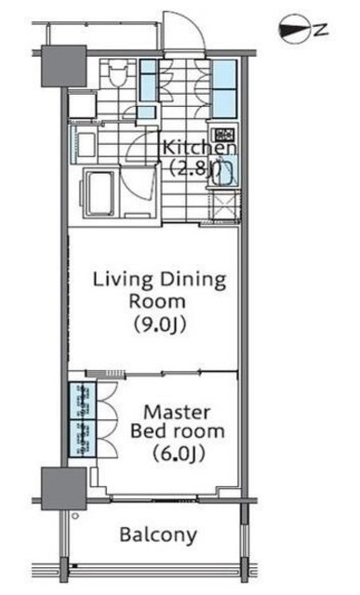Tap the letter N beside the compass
(x=321, y=30)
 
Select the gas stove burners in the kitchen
(x=223, y=135)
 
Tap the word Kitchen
(x=200, y=147)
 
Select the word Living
(x=123, y=281)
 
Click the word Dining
(x=193, y=281)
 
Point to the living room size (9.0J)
(x=159, y=324)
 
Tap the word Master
(x=178, y=413)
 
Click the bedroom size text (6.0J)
(x=179, y=453)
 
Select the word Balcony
(x=158, y=535)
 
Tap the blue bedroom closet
(x=83, y=419)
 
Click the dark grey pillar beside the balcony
(x=64, y=489)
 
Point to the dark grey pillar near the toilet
(x=64, y=66)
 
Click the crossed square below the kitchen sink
(x=225, y=205)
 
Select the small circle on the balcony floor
(x=75, y=516)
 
